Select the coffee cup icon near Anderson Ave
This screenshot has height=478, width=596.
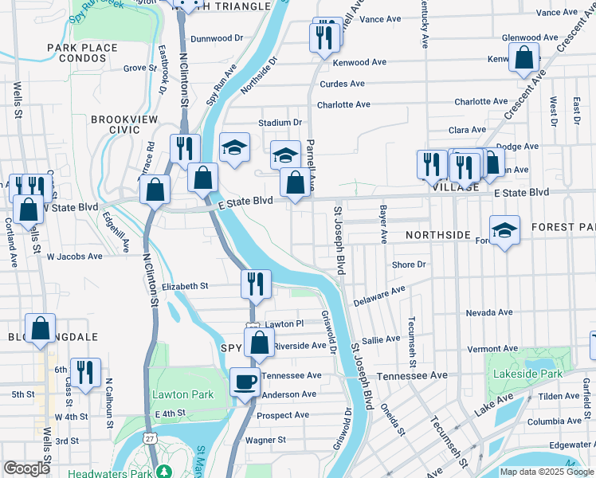click(245, 382)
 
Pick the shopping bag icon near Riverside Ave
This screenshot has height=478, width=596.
click(259, 343)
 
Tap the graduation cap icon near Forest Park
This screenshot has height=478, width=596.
click(504, 230)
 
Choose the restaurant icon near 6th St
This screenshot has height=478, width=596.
click(85, 372)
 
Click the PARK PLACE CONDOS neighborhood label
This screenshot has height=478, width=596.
click(82, 54)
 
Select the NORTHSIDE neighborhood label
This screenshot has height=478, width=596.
click(437, 236)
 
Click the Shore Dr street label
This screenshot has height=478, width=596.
click(409, 264)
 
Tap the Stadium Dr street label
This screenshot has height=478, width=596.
click(280, 123)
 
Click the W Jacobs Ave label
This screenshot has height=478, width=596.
click(74, 257)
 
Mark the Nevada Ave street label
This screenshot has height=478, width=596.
click(487, 313)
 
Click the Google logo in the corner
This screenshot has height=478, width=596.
click(26, 468)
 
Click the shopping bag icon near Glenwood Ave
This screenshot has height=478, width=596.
click(524, 58)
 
